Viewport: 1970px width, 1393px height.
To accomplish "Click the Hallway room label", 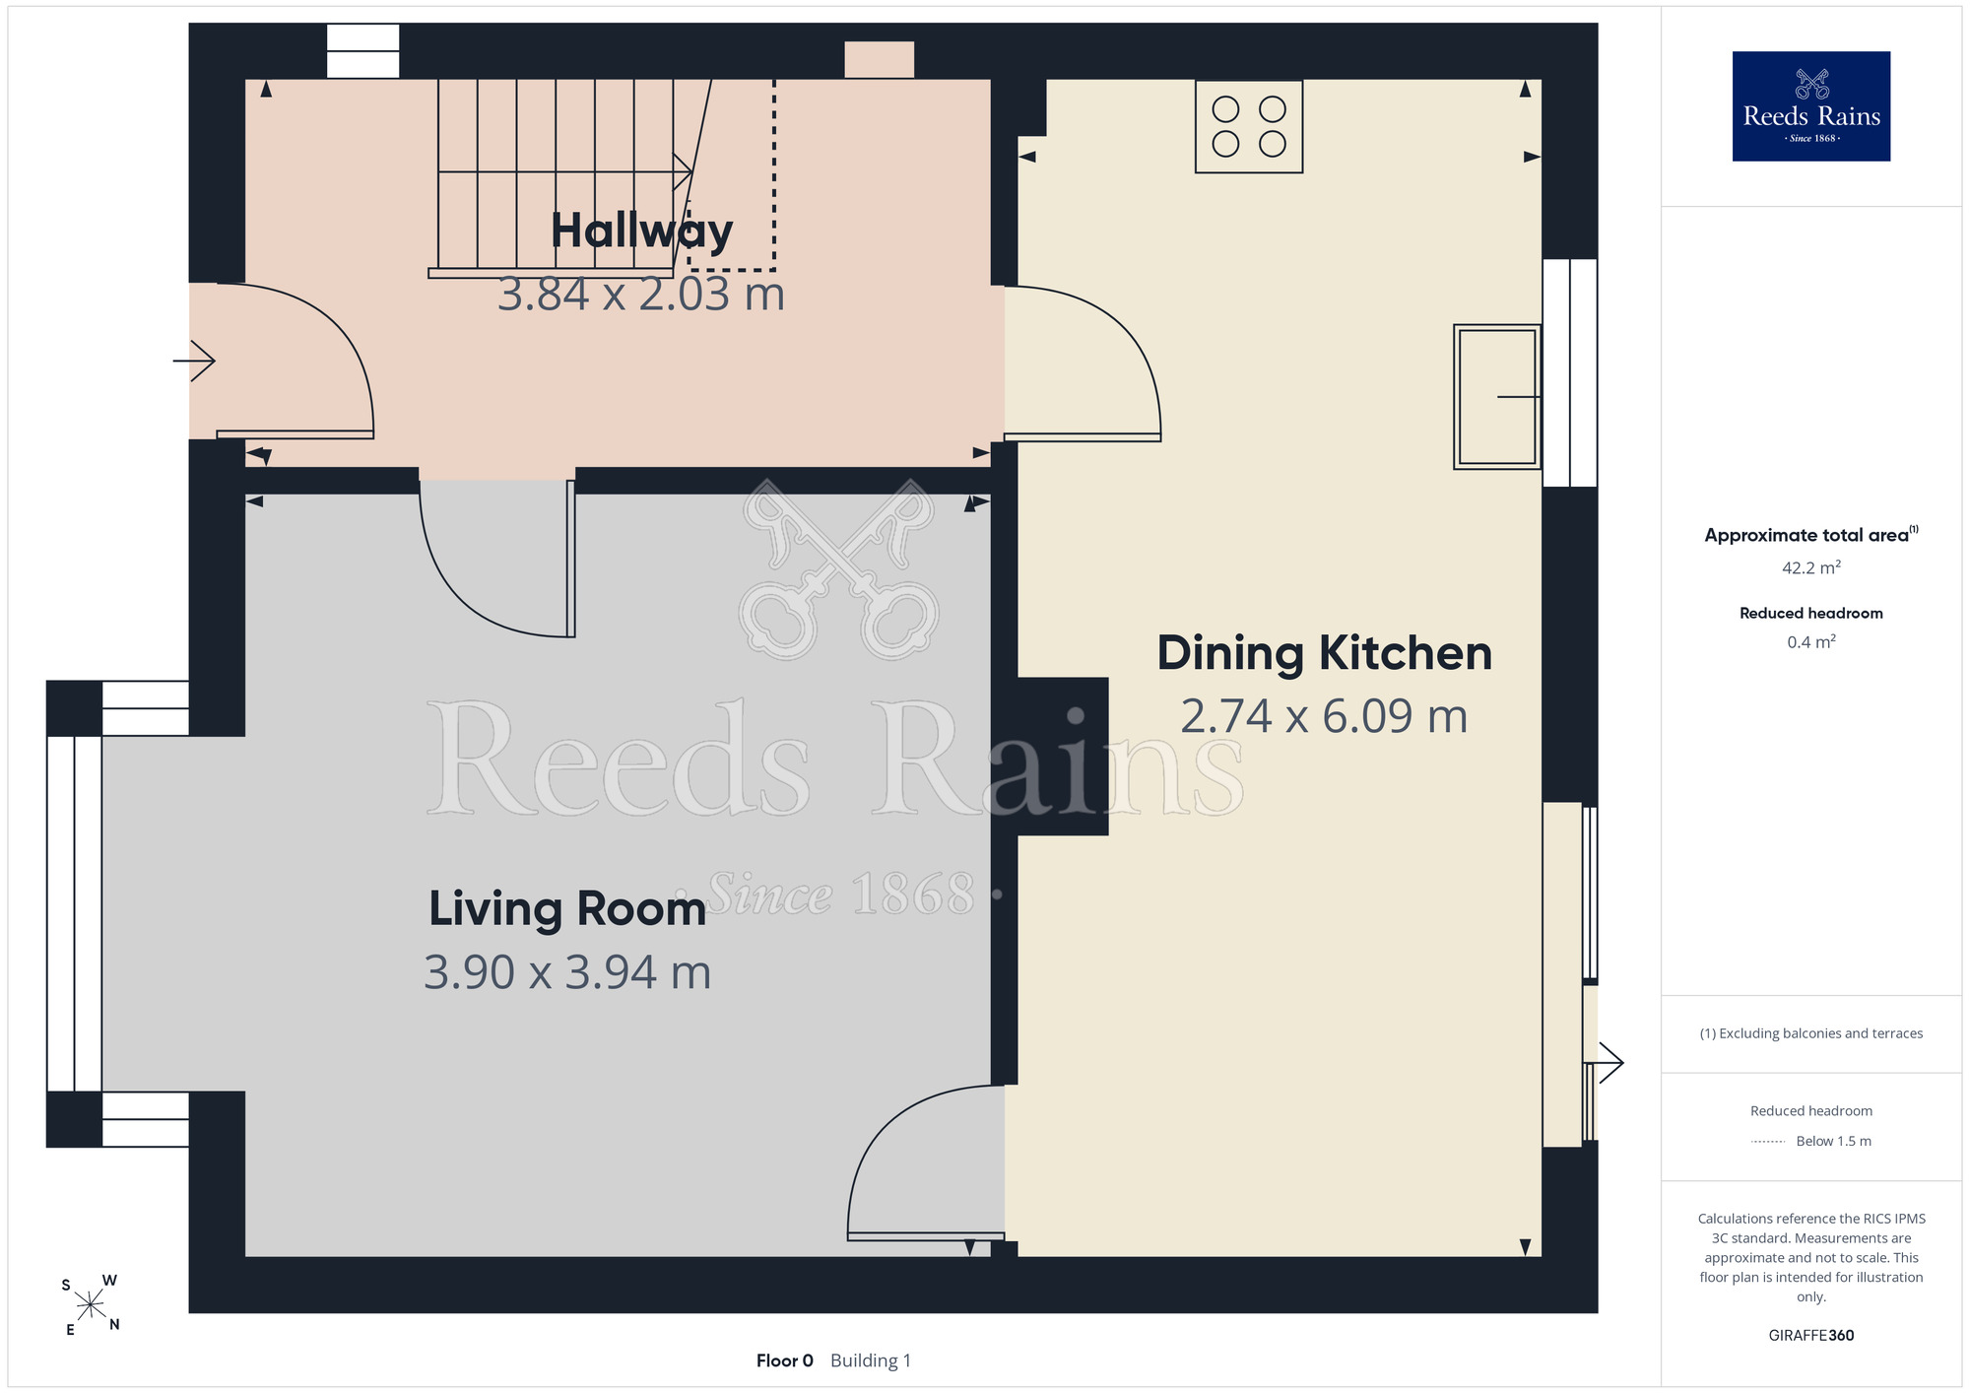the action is [641, 232].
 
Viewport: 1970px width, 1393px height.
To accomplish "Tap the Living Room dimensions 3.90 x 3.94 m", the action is [567, 972].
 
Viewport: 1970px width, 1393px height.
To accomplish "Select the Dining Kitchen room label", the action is [1324, 653].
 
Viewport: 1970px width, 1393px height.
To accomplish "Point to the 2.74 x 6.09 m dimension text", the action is [1324, 716].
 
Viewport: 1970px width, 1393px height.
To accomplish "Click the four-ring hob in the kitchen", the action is [1249, 127].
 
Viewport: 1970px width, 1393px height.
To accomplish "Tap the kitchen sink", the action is [1497, 397].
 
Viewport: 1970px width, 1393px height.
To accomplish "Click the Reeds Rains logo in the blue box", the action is [1811, 106].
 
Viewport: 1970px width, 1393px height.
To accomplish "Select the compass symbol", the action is [91, 1305].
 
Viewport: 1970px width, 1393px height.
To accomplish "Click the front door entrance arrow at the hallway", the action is [194, 361].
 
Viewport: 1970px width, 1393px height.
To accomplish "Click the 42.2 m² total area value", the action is [1811, 567].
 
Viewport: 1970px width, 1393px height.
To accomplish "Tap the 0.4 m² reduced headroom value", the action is [1811, 642].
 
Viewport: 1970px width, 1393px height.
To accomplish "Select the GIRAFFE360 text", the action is [1811, 1336].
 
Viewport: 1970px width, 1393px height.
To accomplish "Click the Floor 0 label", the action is [785, 1360].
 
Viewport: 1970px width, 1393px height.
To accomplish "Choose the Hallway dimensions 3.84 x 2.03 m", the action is [641, 294].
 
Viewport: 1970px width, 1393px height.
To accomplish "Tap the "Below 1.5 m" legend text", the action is [1834, 1141].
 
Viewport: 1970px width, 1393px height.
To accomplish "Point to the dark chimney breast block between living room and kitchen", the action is [1063, 757].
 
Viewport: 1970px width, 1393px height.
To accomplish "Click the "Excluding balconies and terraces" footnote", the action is [1811, 1033].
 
